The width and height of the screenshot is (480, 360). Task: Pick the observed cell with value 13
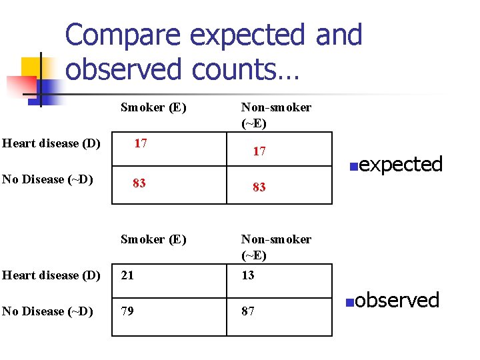[x=248, y=275]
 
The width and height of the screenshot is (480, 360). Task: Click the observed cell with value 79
[x=127, y=311]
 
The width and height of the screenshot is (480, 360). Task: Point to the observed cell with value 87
[x=248, y=311]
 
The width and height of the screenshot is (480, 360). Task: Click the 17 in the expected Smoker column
[x=141, y=143]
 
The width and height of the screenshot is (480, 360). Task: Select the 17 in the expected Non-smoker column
[x=259, y=152]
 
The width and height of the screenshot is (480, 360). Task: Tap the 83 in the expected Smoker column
[x=139, y=183]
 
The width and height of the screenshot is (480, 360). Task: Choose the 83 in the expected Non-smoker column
[x=259, y=188]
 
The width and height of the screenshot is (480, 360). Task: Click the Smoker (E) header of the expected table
[x=153, y=107]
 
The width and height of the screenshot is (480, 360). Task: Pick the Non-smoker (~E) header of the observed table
[x=276, y=247]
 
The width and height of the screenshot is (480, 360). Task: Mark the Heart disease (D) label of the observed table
[x=51, y=275]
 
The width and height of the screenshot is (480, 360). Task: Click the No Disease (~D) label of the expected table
[x=47, y=179]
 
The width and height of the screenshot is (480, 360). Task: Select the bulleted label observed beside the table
[x=397, y=300]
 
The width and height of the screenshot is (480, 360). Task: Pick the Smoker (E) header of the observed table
[x=153, y=239]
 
